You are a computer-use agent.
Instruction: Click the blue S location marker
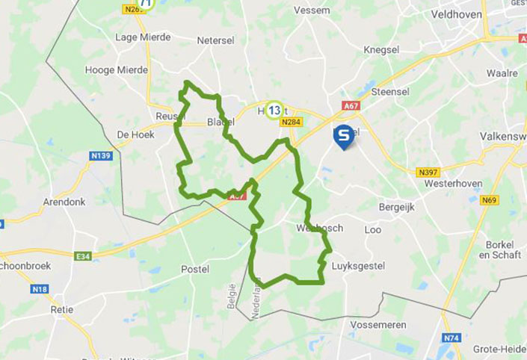click(343, 136)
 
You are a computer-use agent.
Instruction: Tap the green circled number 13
click(274, 111)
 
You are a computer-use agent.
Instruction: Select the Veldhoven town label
click(456, 14)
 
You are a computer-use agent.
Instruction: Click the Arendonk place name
click(64, 202)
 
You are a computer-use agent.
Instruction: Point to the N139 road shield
click(101, 155)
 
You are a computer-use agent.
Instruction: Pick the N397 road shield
click(428, 173)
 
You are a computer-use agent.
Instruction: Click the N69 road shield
click(490, 199)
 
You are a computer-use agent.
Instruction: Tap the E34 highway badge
click(83, 256)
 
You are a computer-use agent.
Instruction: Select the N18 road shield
click(40, 289)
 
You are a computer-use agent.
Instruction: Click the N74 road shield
click(451, 338)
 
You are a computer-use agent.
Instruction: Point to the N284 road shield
click(292, 122)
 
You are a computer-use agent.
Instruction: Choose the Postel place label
click(195, 269)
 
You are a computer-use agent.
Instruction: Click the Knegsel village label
click(381, 49)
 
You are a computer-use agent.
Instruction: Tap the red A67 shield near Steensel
click(351, 105)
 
